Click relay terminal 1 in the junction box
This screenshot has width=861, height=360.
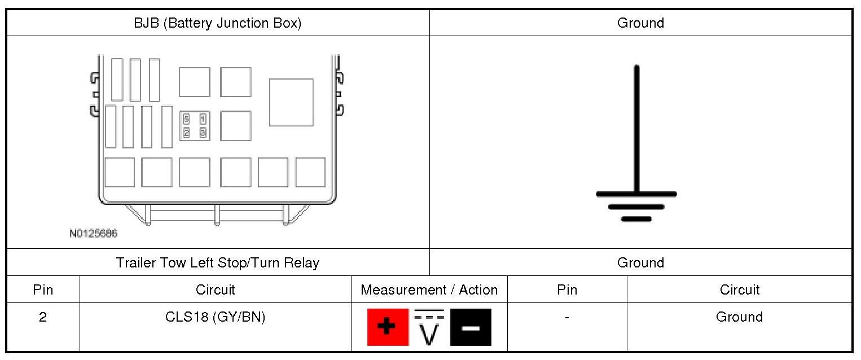tap(203, 119)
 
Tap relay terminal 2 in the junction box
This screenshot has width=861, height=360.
tap(187, 133)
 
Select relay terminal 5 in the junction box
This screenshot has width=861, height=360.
tap(187, 119)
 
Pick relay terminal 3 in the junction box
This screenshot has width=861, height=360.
tap(203, 133)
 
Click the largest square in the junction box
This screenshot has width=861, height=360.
tap(291, 102)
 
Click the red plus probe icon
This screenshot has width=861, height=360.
tap(388, 327)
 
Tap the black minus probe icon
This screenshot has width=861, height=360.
tap(471, 327)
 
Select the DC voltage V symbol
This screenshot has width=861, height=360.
tap(429, 328)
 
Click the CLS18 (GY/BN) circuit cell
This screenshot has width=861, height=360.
tap(215, 317)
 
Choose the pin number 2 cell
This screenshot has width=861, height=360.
tap(43, 317)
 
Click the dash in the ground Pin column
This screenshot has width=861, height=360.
tap(566, 318)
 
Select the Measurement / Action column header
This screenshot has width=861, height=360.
tap(429, 290)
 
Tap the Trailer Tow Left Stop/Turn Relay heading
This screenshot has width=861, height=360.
tap(217, 263)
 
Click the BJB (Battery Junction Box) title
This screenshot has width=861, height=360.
tap(217, 23)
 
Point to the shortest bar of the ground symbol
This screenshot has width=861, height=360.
tap(636, 219)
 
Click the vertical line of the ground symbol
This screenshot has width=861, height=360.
tap(636, 130)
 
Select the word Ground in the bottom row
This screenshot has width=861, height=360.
tap(739, 317)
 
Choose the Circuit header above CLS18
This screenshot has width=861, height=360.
tap(215, 290)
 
